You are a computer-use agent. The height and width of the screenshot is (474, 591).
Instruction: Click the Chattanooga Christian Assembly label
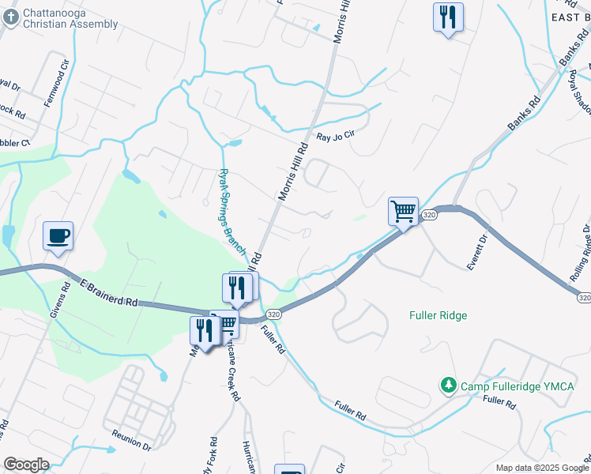tap(70, 19)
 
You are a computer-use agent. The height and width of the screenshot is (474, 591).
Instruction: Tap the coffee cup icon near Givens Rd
tap(58, 236)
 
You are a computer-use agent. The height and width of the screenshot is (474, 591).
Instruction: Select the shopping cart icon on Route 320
tap(403, 212)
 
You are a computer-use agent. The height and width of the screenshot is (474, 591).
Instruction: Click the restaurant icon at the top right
tap(448, 17)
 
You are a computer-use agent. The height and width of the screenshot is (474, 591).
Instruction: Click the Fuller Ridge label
tap(439, 315)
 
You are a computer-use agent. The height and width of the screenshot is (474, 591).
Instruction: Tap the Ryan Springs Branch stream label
tap(232, 207)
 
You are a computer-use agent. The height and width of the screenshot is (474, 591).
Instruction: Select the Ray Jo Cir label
tap(343, 137)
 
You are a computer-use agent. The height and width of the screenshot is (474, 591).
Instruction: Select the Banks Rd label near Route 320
tap(524, 113)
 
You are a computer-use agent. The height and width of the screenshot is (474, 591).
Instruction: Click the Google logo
tap(26, 464)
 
